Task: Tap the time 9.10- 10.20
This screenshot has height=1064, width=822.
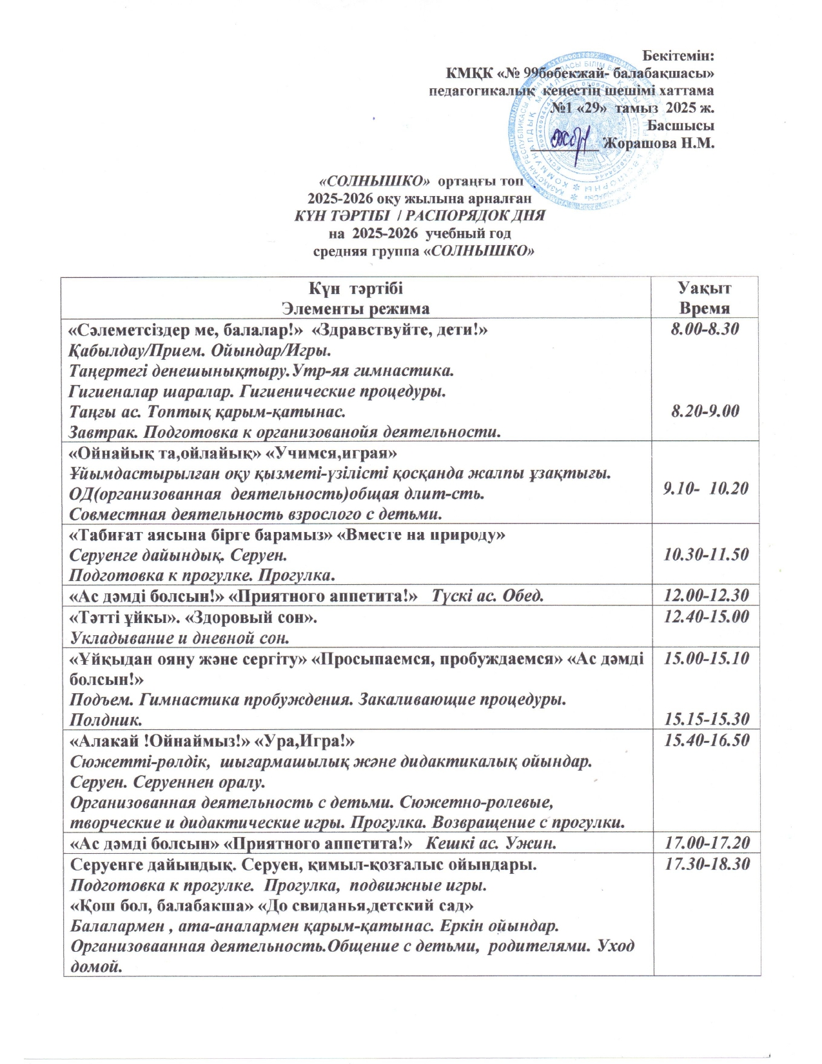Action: pos(705,488)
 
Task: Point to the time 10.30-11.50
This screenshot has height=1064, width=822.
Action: pos(705,553)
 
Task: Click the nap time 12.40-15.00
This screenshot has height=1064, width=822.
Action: pos(705,616)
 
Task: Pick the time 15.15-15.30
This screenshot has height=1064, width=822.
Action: pos(705,718)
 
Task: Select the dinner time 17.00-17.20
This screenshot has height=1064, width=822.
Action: pos(705,842)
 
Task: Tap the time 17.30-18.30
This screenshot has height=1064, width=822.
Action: pos(705,864)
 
